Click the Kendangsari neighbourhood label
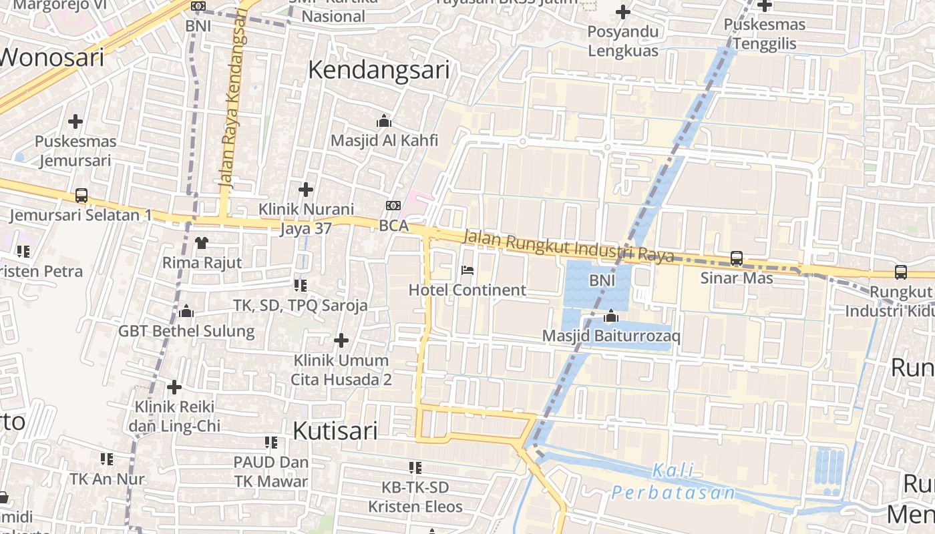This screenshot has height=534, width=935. [x=379, y=70]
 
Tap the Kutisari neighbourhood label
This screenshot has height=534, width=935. [x=335, y=431]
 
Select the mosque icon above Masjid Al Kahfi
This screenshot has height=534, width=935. [x=384, y=121]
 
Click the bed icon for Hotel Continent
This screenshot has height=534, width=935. [x=467, y=270]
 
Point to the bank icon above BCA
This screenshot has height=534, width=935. [x=393, y=206]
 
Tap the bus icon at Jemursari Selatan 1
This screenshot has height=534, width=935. [x=81, y=196]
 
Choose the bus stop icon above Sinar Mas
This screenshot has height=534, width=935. [x=737, y=258]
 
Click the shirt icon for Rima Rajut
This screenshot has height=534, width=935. [x=202, y=242]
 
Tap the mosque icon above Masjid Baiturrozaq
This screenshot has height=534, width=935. [x=611, y=316]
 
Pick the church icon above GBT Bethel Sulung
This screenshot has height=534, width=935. [x=186, y=311]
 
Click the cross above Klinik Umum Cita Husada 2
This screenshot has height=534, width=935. [x=341, y=340]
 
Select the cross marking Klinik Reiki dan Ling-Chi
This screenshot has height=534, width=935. [x=174, y=387]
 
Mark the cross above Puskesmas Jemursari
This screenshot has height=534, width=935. [x=75, y=121]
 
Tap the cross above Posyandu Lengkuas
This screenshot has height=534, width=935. [x=623, y=12]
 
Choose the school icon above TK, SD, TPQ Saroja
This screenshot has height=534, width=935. [x=301, y=286]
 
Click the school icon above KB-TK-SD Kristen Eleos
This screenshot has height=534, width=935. [x=415, y=467]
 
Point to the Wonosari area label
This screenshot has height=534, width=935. [x=52, y=57]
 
